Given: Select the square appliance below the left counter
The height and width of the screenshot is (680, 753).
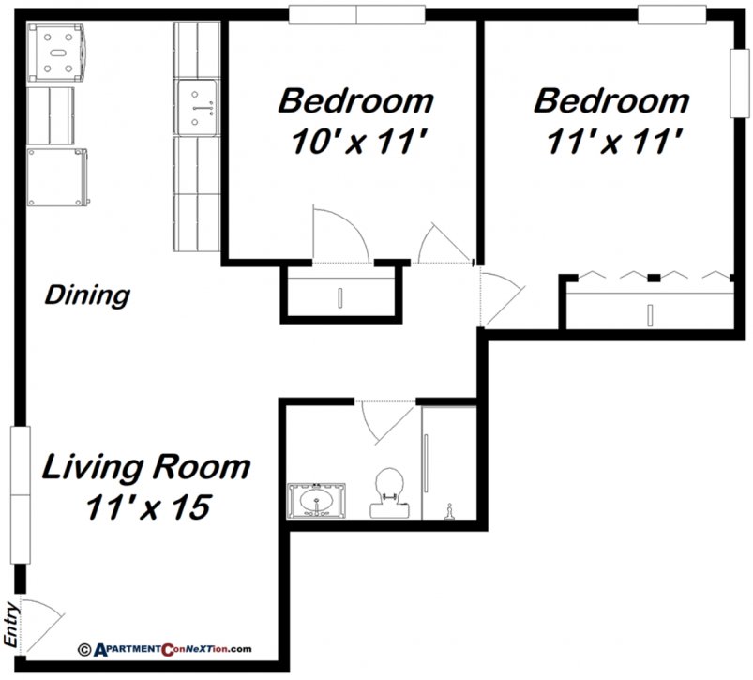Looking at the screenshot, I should coord(58,176).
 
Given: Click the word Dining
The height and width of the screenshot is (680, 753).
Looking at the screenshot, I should coord(87,295).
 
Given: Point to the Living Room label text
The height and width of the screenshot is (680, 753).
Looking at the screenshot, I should coord(145,466).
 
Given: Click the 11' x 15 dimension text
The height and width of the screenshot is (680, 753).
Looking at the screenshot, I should coord(145,506).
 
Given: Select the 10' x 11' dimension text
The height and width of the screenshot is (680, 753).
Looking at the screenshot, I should coord(355,142).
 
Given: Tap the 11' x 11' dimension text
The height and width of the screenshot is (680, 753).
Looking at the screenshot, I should coord(611,142).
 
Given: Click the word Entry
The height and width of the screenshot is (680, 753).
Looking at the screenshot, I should coord(12,624).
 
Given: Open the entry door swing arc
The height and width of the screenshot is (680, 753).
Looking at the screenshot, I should coord(42,619).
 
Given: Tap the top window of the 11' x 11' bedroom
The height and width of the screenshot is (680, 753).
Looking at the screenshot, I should coord(671,13).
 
